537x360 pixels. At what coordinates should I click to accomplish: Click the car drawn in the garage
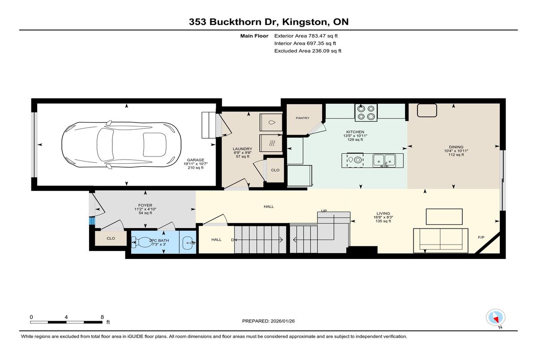coord(121,144)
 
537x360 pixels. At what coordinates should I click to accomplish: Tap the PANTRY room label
coord(303,118)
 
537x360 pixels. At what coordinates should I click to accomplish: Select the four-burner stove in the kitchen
coord(366,113)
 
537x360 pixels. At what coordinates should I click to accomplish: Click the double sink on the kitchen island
coord(384,161)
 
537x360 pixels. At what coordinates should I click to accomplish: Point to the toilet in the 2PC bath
coord(142,242)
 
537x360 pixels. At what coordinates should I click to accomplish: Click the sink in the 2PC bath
coord(189,243)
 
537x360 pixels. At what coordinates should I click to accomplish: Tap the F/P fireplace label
coord(481,237)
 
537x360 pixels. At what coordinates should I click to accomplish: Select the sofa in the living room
coord(441,241)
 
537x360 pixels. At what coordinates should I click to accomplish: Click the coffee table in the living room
coord(444,216)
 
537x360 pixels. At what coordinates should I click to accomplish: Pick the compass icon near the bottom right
coord(495,318)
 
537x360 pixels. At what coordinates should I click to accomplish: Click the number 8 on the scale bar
coord(102,317)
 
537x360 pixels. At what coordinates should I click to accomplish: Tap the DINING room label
coord(456,147)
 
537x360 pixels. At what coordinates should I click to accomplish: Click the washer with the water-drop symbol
coord(271,123)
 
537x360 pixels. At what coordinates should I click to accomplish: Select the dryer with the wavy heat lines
coord(271,143)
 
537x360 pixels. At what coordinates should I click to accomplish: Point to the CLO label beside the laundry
coord(275,170)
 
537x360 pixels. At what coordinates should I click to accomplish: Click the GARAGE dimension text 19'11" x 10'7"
coord(196,164)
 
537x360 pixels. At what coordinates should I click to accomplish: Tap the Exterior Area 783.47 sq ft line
coord(306,36)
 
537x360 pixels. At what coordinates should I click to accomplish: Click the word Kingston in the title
coord(305,22)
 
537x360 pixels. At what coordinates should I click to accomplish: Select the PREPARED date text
coord(268,321)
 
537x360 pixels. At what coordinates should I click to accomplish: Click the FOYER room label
coord(145,205)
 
